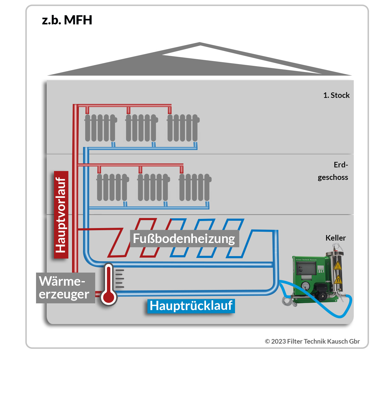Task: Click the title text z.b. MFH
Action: click(67, 20)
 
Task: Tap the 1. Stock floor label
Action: click(336, 95)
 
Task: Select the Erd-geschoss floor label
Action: click(333, 171)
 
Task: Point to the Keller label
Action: click(335, 238)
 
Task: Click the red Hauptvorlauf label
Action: click(61, 215)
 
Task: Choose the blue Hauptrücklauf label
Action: click(191, 306)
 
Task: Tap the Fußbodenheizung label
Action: click(184, 239)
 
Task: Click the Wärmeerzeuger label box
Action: click(65, 288)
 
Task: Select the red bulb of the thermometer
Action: click(108, 296)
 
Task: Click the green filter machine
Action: click(310, 279)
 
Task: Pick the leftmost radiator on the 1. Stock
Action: click(100, 128)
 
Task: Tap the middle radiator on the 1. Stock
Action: click(141, 128)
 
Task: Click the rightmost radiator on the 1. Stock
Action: click(183, 128)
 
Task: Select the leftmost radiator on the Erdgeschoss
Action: click(112, 187)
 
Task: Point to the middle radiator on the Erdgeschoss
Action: click(153, 187)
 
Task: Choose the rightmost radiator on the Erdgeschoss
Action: click(194, 187)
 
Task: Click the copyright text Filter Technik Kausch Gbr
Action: click(312, 341)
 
